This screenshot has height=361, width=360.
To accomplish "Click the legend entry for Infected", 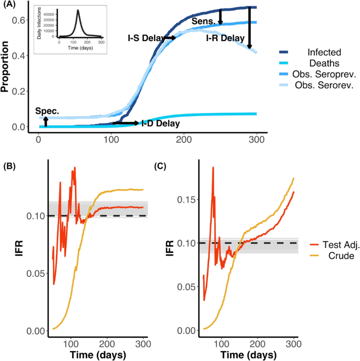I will (325, 52).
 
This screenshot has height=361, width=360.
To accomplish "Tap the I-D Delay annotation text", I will (160, 123).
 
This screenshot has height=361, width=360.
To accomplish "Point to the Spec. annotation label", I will (47, 111).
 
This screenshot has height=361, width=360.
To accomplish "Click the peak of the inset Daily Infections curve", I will (78, 10).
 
